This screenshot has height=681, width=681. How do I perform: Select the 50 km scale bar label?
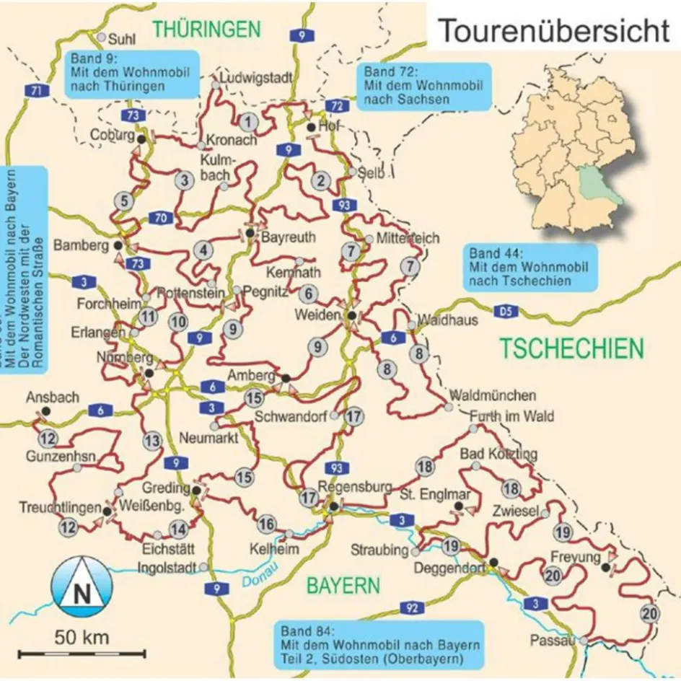82,638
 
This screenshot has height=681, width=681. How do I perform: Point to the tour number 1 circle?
249,121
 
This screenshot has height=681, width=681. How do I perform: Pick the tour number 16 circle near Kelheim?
267,524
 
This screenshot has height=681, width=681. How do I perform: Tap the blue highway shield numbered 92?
410,608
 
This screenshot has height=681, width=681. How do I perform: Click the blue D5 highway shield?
506,312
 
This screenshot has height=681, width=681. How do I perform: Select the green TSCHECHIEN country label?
571,348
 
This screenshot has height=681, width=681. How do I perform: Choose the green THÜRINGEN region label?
206,29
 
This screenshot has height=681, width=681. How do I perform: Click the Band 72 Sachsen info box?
423,85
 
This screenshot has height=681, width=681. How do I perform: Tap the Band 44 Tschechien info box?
530,267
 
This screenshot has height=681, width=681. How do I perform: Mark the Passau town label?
553,640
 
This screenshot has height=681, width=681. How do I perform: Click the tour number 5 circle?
126,201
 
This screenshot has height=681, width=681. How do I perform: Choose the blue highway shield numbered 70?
161,217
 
